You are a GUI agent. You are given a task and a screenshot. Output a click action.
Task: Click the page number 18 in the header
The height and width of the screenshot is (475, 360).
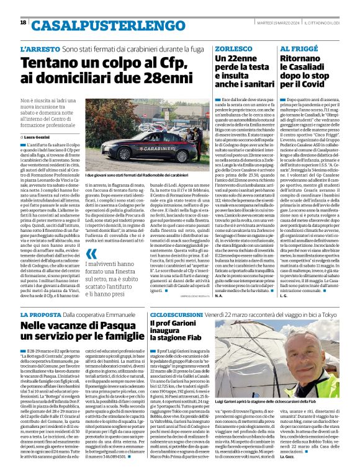click(x=23, y=23)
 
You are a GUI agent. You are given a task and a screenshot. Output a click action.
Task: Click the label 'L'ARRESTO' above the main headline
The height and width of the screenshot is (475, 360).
click(x=40, y=48)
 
